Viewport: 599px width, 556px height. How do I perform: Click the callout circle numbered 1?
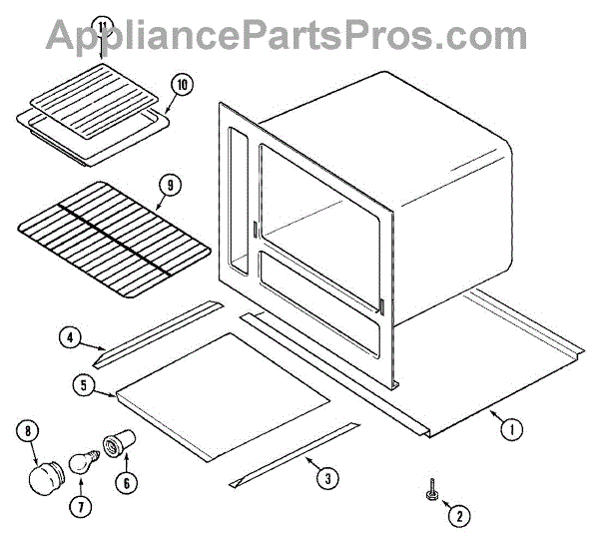(x=509, y=431)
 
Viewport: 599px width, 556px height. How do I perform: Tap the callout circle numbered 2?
(x=459, y=516)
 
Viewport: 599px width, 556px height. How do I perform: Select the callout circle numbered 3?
(x=326, y=478)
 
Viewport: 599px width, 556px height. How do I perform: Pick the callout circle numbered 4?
(x=70, y=338)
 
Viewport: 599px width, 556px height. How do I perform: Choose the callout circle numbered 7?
(x=77, y=505)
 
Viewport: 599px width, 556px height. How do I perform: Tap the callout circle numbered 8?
(x=28, y=432)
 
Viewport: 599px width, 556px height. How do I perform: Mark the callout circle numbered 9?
(x=170, y=184)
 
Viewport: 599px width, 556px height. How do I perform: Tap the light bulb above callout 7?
(x=84, y=462)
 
